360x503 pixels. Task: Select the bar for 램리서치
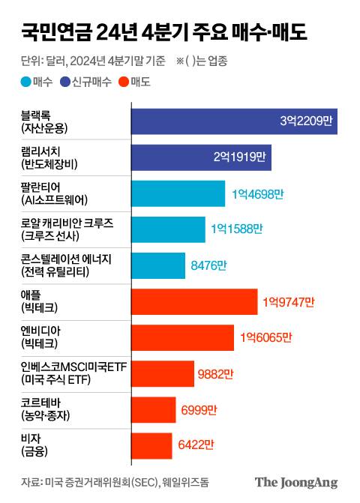click(201, 157)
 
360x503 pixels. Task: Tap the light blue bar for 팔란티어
click(178, 193)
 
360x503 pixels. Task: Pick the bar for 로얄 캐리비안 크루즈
click(168, 229)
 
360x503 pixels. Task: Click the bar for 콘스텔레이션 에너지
click(157, 265)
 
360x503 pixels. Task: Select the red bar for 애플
click(193, 301)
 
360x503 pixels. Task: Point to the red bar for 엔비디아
click(182, 337)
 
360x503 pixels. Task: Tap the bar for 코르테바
click(153, 409)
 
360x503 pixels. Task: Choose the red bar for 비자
click(151, 445)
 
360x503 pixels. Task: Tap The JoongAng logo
click(296, 482)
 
